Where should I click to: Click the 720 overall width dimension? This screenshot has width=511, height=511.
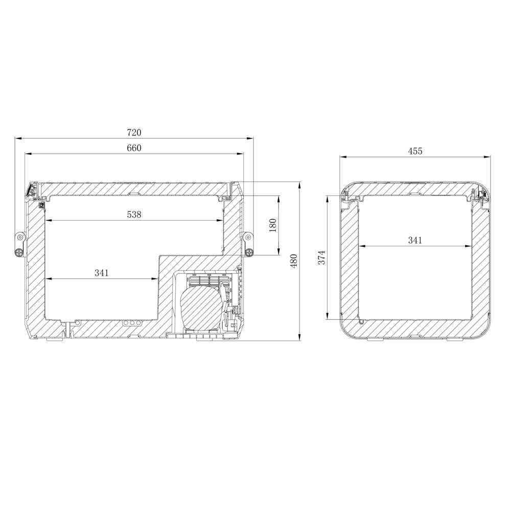[134, 132]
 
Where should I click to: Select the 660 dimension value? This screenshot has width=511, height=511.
[134, 148]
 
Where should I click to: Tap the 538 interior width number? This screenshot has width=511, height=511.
[134, 215]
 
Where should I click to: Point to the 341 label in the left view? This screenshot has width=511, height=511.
[102, 273]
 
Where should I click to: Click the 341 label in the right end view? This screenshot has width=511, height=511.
[415, 240]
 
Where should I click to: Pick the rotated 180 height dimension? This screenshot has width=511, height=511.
[272, 225]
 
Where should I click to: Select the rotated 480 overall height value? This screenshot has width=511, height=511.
[294, 261]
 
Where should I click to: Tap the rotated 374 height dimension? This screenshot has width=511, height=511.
[320, 258]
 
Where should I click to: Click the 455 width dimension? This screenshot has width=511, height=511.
[415, 151]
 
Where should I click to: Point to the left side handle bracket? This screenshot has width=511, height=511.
[19, 244]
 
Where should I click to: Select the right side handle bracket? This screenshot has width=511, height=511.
[248, 244]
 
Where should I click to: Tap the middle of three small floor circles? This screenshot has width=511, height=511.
[131, 323]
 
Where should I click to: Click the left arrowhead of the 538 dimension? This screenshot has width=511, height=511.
[48, 221]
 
